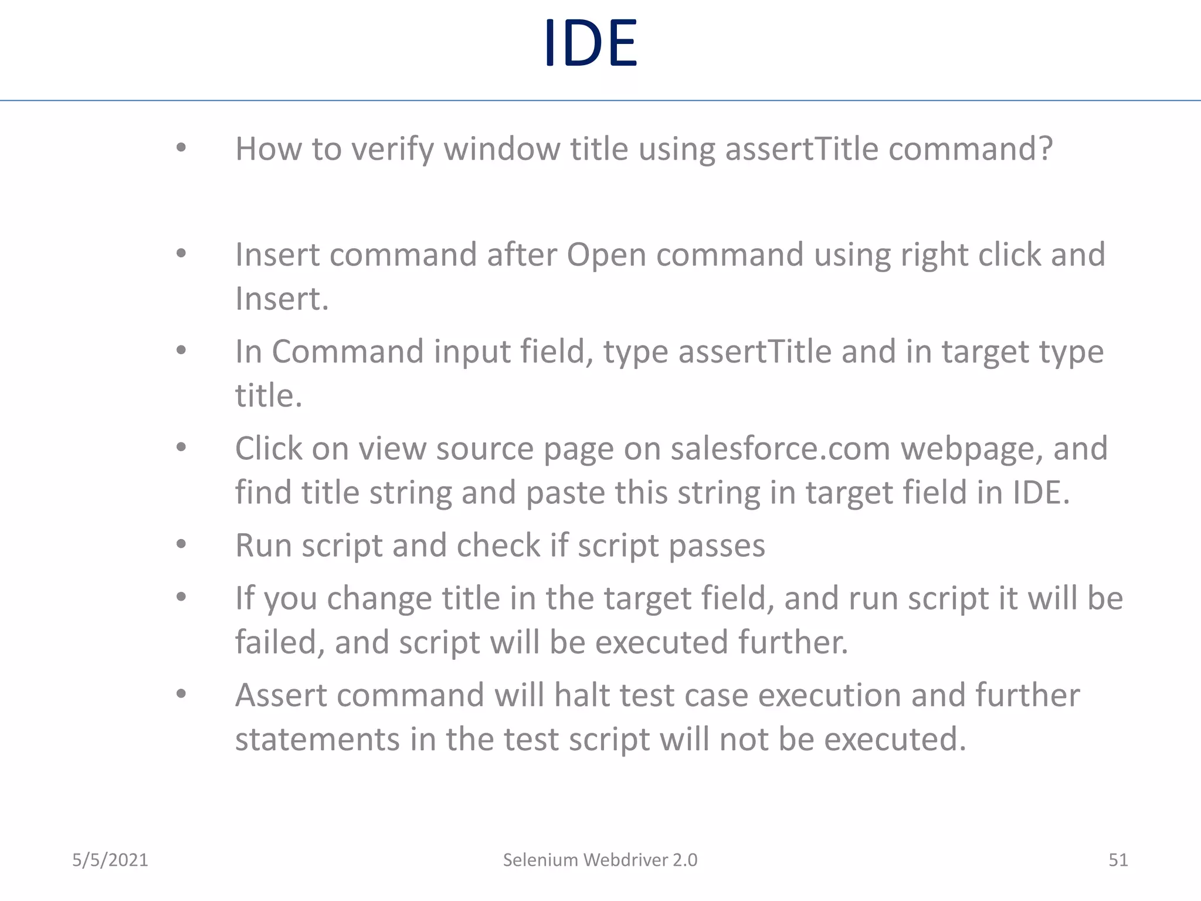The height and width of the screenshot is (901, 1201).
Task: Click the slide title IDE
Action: point(590,43)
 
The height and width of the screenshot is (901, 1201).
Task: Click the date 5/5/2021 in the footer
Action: point(110,860)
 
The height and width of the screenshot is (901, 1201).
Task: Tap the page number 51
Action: point(1118,860)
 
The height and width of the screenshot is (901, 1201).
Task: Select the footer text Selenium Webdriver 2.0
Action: point(600,860)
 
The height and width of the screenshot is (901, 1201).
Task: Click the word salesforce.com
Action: point(781,449)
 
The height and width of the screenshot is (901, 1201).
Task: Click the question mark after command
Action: point(1045,148)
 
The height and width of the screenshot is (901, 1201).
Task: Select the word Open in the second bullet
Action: point(606,255)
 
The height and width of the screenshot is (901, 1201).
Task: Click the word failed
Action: point(280,642)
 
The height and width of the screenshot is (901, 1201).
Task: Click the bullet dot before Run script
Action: point(181,544)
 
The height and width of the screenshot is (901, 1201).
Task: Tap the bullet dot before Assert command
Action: point(181,694)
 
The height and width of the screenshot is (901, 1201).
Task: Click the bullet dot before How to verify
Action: point(181,148)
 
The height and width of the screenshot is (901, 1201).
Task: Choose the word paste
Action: point(565,493)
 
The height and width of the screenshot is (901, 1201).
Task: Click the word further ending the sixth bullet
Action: point(792,642)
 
